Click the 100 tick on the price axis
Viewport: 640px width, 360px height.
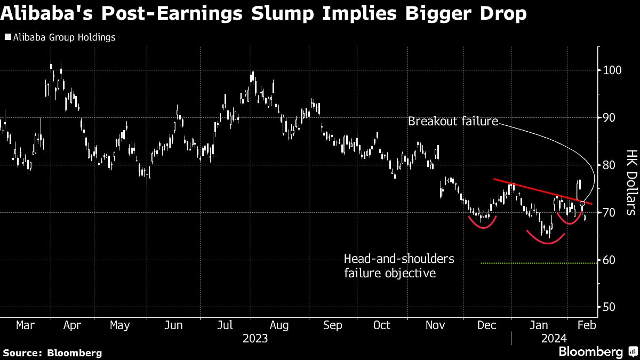click(x=612, y=70)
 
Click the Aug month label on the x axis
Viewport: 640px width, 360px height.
click(x=279, y=325)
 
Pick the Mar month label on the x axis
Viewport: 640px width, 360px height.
click(x=26, y=325)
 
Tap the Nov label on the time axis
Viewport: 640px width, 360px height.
click(x=434, y=325)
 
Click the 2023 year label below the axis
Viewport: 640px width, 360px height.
click(x=255, y=339)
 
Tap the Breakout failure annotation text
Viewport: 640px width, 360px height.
click(x=453, y=122)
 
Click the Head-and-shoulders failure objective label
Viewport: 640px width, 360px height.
click(x=399, y=266)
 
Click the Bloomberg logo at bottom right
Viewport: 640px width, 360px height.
click(x=590, y=352)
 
